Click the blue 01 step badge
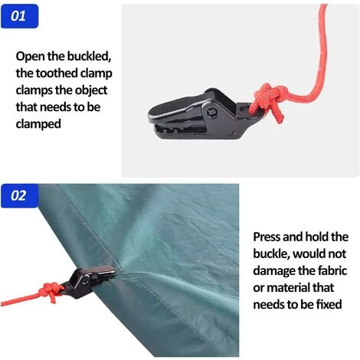(19, 16)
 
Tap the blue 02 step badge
(19, 196)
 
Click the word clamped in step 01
(38, 124)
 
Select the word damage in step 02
(274, 271)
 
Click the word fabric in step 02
(332, 270)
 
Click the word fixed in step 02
(329, 304)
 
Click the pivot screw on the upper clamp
(211, 112)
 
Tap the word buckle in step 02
(271, 254)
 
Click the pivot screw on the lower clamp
(85, 280)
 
